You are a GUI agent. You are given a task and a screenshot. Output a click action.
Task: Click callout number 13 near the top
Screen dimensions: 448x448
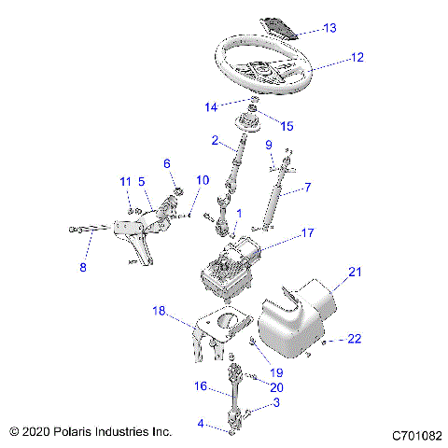329,28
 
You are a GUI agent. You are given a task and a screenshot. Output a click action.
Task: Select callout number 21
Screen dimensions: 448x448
354,272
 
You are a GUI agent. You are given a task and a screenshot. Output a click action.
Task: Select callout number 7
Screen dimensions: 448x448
307,188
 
